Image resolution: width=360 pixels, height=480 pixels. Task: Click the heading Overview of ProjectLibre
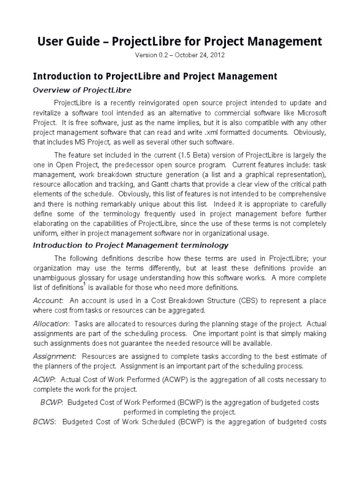82,90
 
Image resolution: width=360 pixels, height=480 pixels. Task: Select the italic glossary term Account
47,300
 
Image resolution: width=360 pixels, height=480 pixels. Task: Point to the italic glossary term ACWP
43,379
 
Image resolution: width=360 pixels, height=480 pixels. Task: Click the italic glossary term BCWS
44,422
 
